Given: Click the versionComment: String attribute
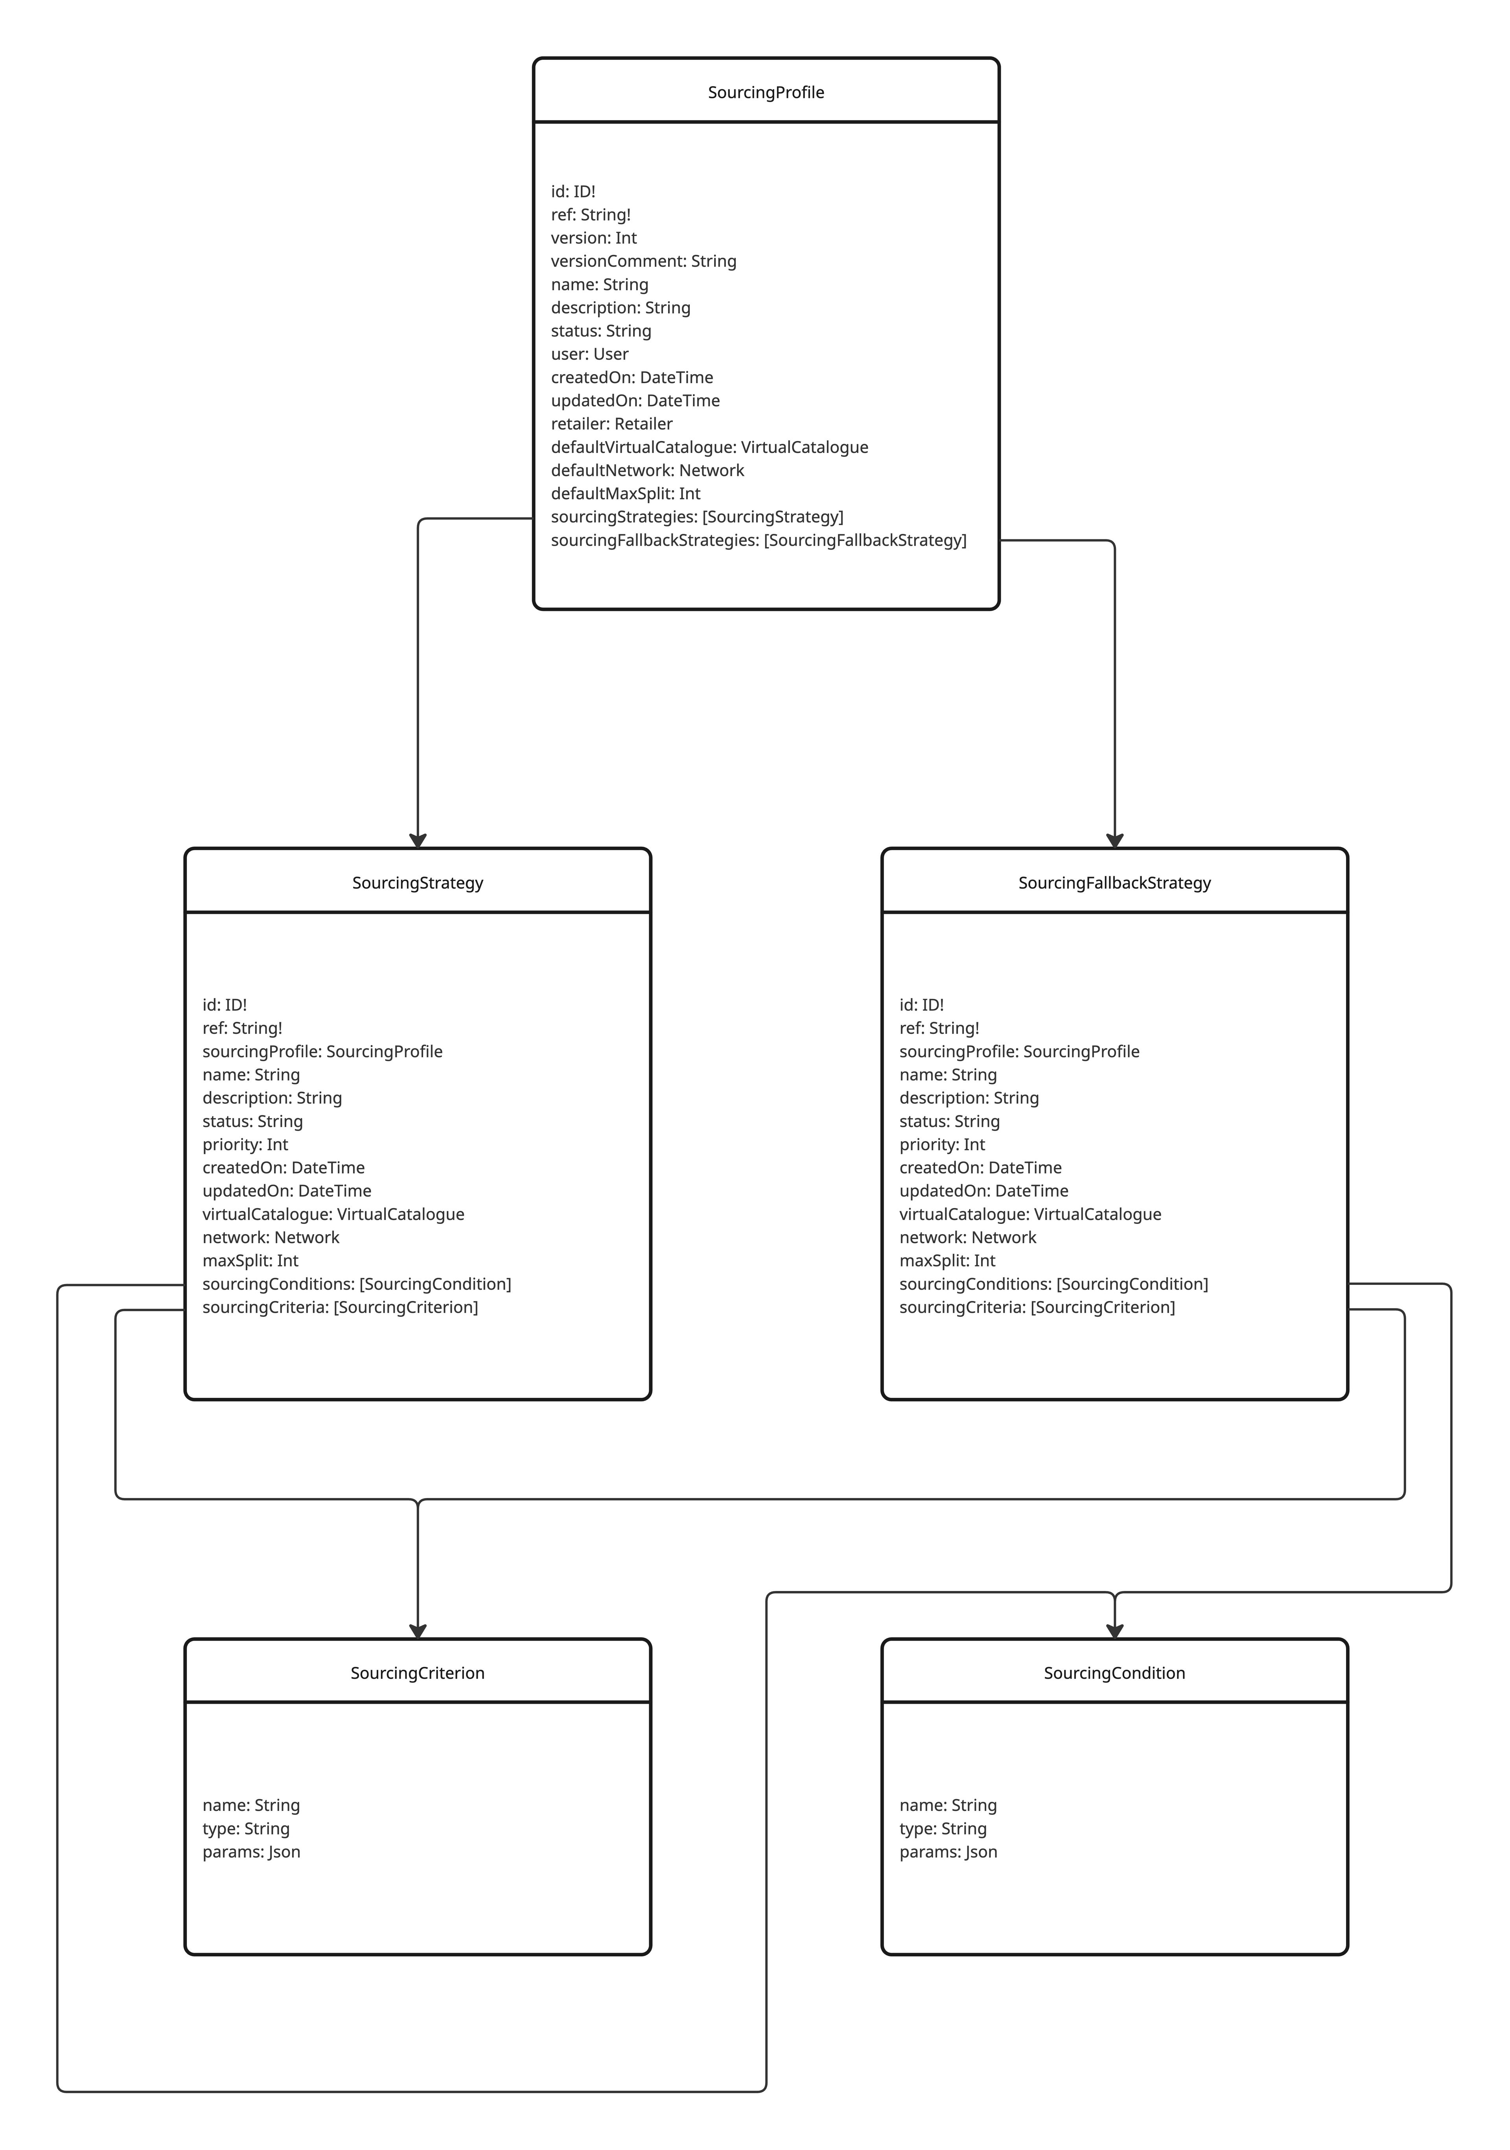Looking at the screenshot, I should click(x=643, y=261).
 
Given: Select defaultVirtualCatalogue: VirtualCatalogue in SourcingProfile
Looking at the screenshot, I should click(x=709, y=447).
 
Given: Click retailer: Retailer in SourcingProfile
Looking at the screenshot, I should click(x=611, y=423).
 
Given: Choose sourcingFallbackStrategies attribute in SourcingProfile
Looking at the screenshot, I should click(x=758, y=540).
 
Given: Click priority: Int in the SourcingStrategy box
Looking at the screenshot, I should click(x=245, y=1144).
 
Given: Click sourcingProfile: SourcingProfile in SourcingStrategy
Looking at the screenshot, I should click(x=322, y=1052).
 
